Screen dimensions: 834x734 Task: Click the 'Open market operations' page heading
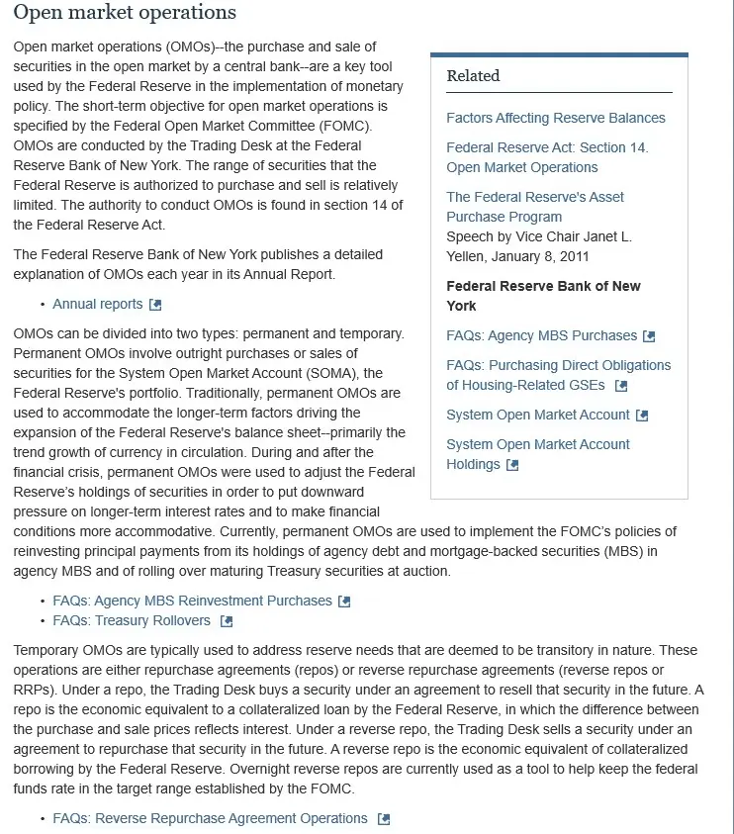[x=125, y=13]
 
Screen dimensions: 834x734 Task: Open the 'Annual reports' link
[x=98, y=304]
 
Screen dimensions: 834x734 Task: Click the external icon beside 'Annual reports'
[x=155, y=305]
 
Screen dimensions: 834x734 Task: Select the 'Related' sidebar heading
[x=473, y=76]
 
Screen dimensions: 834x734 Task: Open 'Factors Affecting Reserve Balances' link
[x=555, y=118]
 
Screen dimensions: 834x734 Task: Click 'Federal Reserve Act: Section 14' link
[x=547, y=157]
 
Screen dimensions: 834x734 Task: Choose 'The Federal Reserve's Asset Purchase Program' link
[x=535, y=207]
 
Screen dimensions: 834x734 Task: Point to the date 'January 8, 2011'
[x=542, y=256]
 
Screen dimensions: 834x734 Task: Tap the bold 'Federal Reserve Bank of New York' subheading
[x=543, y=296]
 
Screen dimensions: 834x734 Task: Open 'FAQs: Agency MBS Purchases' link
[x=541, y=335]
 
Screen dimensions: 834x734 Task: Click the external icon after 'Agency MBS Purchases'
[x=649, y=336]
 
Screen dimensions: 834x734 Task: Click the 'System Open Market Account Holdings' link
[x=537, y=454]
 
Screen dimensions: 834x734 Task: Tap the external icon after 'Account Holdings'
[x=512, y=465]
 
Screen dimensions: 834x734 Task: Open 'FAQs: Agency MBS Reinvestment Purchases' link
[x=192, y=601]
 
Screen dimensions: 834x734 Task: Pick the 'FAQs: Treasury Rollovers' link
[x=132, y=620]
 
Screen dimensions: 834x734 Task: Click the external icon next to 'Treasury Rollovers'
[x=227, y=621]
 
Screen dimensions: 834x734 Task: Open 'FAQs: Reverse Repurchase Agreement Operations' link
[x=210, y=818]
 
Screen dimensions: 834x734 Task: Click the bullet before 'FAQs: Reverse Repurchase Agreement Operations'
[x=43, y=819]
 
